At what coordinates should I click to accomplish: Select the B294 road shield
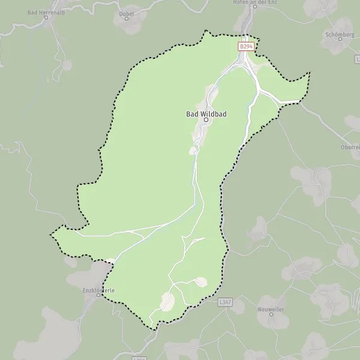point(246,46)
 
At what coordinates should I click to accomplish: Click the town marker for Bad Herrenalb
point(47,17)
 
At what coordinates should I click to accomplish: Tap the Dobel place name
point(126,11)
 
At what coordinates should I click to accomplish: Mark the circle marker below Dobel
point(126,18)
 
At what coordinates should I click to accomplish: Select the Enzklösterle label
point(99,290)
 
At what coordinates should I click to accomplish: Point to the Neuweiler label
point(271,307)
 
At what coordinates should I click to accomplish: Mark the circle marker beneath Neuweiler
point(271,314)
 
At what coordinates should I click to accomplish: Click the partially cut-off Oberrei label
point(350,148)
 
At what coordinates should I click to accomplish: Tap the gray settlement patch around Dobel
point(133,23)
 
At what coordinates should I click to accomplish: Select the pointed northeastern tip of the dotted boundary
point(310,73)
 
